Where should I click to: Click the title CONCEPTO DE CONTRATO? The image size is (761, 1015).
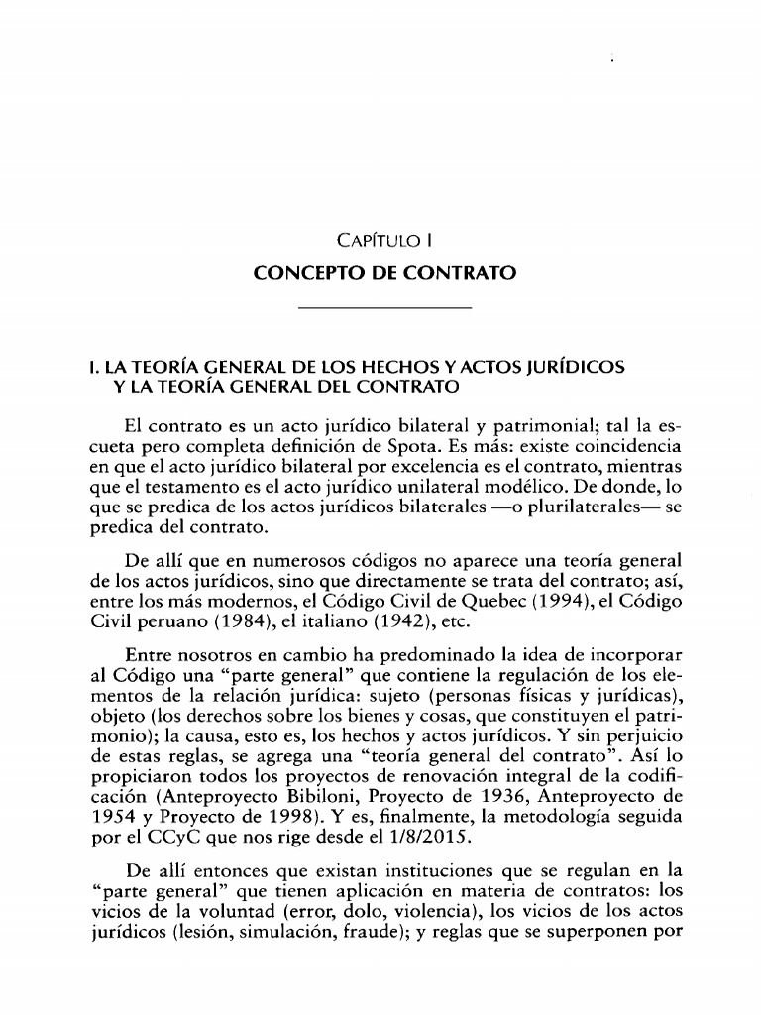point(385,271)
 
